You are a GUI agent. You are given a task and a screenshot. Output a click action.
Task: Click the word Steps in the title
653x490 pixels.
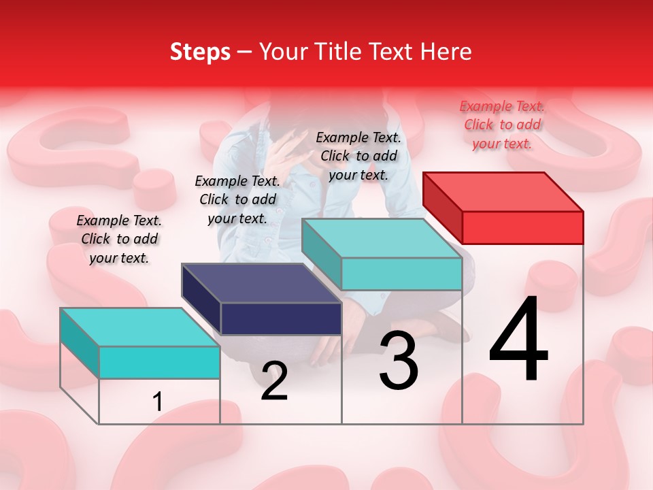200,52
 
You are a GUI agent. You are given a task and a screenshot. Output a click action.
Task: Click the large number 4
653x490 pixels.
518,340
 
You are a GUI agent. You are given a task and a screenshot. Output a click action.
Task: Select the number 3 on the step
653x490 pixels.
399,361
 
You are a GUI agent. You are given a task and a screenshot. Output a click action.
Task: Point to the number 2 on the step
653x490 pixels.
274,381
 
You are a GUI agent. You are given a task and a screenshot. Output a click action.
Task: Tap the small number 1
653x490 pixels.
158,402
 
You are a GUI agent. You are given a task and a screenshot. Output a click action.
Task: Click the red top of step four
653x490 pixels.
503,191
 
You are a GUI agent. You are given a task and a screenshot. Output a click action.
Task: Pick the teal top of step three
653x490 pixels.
382,238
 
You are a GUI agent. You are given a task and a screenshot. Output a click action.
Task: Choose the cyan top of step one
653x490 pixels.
139,327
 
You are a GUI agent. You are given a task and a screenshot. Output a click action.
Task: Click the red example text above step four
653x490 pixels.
502,125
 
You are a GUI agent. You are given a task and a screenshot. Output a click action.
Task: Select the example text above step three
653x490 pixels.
358,156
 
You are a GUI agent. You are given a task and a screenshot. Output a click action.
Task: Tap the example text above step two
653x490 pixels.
237,199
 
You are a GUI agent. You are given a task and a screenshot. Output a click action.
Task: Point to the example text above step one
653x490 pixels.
118,239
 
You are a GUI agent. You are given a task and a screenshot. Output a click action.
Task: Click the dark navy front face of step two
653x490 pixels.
281,318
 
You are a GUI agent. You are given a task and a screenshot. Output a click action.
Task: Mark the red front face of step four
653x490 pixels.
522,227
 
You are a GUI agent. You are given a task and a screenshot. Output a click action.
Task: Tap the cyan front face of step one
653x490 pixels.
159,362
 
